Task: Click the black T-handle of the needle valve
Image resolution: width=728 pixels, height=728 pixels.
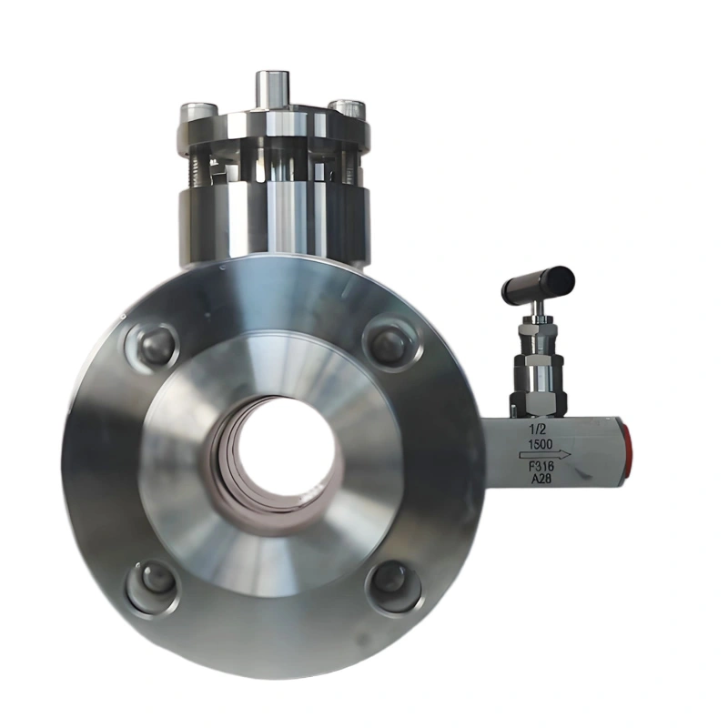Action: [538, 285]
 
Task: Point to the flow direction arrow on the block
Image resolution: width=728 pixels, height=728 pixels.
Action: [545, 454]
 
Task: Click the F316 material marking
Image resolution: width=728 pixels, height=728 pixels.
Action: [544, 468]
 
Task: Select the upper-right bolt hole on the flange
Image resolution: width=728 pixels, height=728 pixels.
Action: [391, 344]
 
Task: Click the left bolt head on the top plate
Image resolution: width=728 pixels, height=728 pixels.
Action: [198, 114]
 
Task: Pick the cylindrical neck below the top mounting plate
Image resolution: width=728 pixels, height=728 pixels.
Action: [273, 218]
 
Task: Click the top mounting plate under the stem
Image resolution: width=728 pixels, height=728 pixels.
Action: [273, 132]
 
